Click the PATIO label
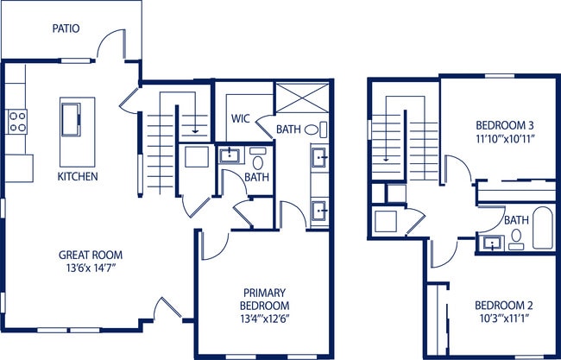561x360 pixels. pos(66,28)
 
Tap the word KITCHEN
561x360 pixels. pos(78,177)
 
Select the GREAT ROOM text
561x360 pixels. pos(91,255)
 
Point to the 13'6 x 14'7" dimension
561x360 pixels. pos(91,268)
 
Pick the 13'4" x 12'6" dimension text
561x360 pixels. pos(265,319)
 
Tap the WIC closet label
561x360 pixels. pos(240,119)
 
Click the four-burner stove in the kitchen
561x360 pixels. pos(16,122)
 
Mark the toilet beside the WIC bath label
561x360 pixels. pos(322,129)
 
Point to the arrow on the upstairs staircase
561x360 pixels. pos(386,151)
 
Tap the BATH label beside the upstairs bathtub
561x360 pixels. pos(516,220)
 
